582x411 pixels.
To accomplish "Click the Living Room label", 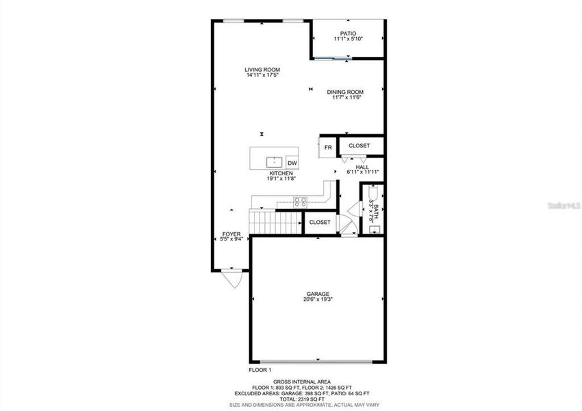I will (262, 69).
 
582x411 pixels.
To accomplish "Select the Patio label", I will (348, 33).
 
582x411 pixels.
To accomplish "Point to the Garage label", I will (318, 294).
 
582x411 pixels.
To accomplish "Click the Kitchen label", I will (281, 174).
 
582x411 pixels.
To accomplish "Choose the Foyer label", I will (231, 234).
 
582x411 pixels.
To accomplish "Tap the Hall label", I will (362, 167).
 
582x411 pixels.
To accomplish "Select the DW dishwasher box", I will (292, 162).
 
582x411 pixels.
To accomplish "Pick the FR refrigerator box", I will (328, 147).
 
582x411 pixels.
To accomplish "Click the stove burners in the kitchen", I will (300, 201).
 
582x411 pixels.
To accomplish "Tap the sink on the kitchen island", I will (274, 162).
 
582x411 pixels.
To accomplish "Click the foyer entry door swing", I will (231, 278).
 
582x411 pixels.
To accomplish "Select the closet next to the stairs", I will (320, 223).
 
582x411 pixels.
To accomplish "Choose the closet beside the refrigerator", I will (359, 146).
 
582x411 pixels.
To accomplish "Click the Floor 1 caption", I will (260, 369).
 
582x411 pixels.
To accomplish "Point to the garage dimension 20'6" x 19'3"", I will (318, 299).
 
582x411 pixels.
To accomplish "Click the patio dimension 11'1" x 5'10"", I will (348, 39).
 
